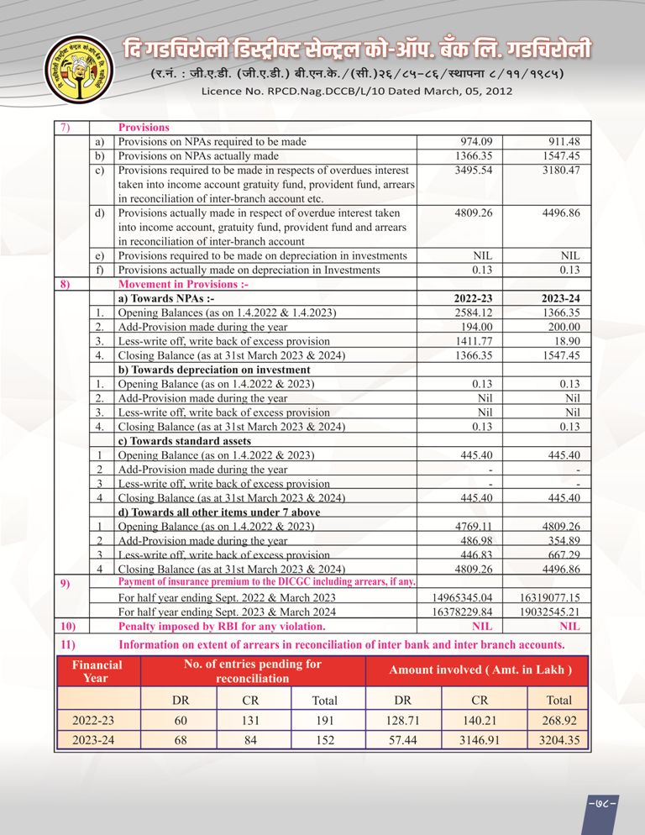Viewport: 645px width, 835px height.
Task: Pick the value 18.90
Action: tap(565, 341)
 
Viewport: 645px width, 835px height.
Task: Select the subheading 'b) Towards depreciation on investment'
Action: tap(214, 370)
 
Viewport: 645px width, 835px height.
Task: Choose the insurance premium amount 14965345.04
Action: tap(464, 597)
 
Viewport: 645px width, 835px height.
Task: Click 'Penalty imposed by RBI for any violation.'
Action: tap(222, 627)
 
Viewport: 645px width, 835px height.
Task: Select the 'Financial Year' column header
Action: tap(97, 670)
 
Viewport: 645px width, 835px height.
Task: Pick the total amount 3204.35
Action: tap(558, 740)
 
